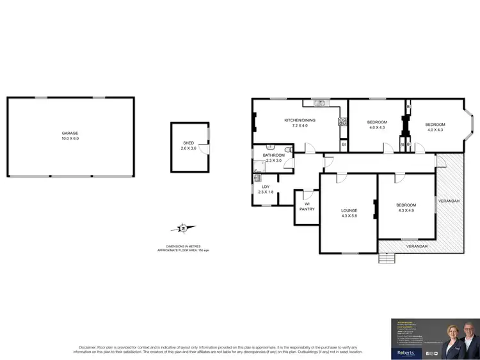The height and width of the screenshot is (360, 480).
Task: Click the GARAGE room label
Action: point(70,134)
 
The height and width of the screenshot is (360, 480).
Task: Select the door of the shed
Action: point(204,149)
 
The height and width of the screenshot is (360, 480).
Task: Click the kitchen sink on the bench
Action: point(318,102)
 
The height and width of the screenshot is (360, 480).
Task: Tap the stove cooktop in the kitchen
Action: point(342,121)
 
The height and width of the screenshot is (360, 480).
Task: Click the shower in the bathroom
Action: point(259,168)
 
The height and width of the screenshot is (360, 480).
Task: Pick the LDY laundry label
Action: point(265,187)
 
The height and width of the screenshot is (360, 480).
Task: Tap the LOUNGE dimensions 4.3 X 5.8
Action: point(349,215)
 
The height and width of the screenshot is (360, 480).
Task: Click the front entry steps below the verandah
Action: point(386,258)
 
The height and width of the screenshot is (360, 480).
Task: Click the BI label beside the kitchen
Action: point(344,145)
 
